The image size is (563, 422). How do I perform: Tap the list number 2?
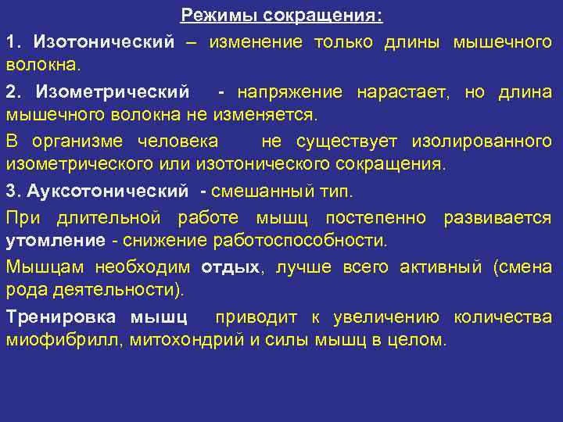(x=11, y=92)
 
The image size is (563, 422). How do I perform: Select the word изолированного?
(x=493, y=141)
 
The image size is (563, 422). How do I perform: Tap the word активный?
(x=443, y=266)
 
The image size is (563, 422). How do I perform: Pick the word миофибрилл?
(x=63, y=340)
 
